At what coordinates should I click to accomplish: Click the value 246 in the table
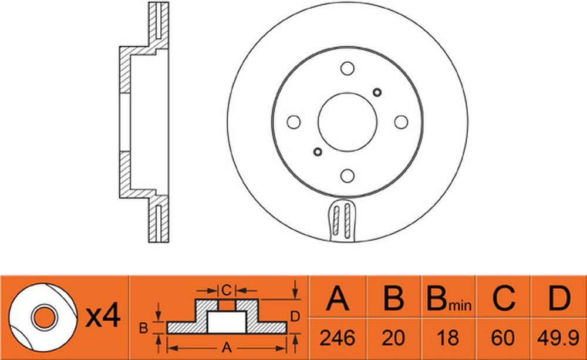338,338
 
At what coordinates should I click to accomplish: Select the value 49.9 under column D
559,338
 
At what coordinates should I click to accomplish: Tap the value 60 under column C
503,338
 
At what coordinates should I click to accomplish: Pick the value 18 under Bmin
448,338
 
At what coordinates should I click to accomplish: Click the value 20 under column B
393,338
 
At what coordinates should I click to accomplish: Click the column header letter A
338,298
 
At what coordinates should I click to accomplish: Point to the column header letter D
559,298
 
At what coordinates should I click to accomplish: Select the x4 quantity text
103,316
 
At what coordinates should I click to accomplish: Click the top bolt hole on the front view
348,68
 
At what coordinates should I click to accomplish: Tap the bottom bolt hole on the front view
348,176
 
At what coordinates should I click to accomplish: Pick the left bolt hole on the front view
293,122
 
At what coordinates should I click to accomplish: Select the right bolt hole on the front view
402,122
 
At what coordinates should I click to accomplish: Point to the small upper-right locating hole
377,92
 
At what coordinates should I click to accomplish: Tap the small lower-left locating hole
318,152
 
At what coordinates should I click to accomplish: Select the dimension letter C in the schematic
227,290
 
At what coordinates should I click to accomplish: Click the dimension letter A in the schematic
227,348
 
